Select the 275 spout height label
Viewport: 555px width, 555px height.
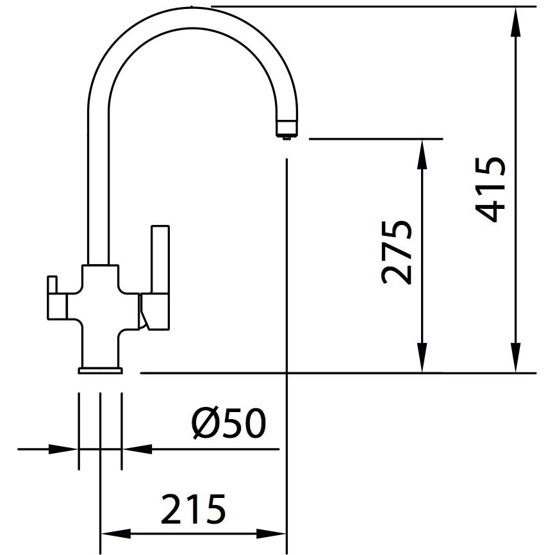coord(397,253)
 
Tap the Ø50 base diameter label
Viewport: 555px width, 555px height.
coord(228,423)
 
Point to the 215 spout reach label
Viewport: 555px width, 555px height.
coord(194,509)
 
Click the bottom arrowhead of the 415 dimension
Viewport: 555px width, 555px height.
coord(516,358)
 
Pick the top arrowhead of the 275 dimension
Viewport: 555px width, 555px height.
coord(422,154)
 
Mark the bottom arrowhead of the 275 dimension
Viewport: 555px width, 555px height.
coord(422,358)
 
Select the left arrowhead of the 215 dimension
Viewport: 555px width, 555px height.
coord(116,534)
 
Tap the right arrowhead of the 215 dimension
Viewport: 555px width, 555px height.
coord(271,534)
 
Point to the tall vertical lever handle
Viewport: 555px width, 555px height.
coord(160,260)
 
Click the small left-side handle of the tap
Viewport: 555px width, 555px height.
coord(56,297)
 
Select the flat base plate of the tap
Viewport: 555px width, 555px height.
coord(101,370)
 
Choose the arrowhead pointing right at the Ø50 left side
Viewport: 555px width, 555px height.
coord(63,449)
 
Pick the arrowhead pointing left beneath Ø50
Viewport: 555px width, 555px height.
coord(137,449)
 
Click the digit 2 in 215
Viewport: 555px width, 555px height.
coord(172,509)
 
